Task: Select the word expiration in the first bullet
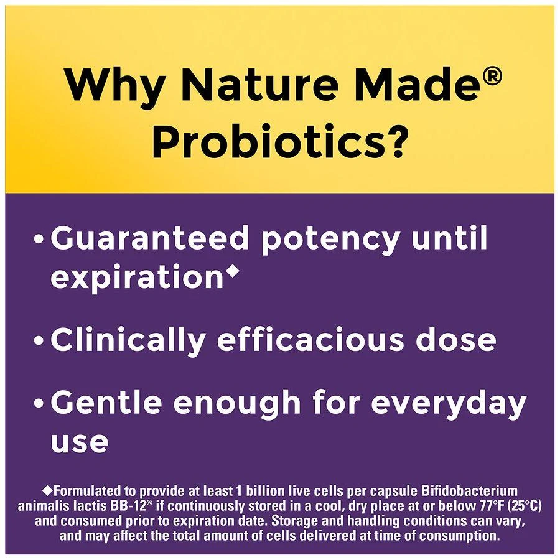pos(136,278)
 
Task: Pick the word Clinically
pos(128,340)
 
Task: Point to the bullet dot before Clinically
pos(40,342)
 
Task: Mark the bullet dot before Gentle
pos(40,404)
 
